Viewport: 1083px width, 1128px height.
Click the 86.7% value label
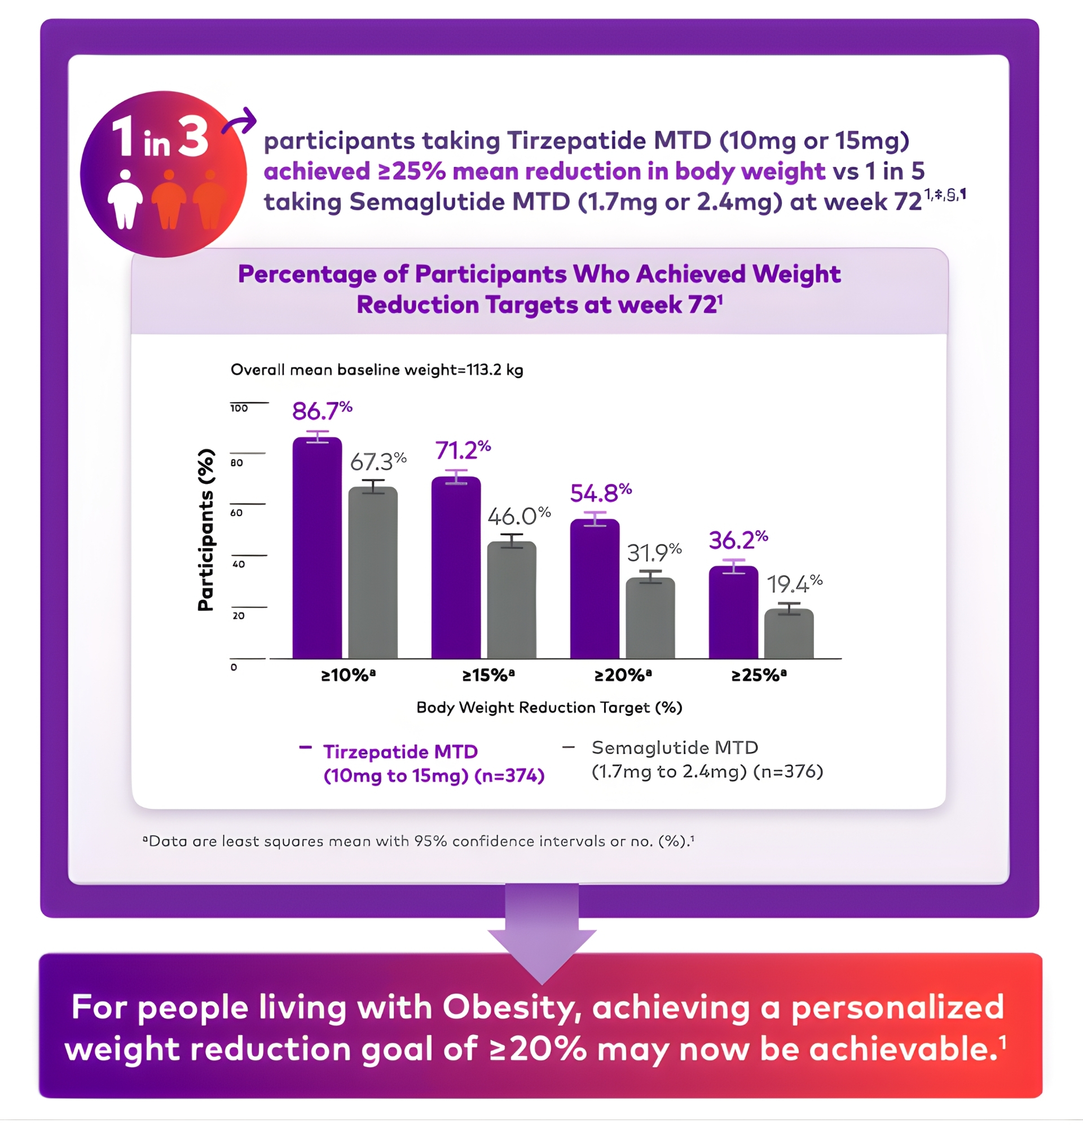(x=322, y=411)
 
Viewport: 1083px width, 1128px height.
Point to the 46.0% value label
(x=518, y=515)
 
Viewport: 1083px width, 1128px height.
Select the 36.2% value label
(x=738, y=540)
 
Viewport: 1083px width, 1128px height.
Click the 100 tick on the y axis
(x=239, y=408)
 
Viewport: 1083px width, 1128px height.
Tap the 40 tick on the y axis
(x=238, y=564)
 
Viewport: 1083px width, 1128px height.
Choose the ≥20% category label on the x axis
(x=623, y=675)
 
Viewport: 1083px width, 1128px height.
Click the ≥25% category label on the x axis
(x=759, y=675)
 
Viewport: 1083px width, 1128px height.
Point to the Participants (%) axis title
(x=205, y=530)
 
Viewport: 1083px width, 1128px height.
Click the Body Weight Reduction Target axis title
(x=549, y=707)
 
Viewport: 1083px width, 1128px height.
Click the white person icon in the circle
(x=125, y=200)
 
